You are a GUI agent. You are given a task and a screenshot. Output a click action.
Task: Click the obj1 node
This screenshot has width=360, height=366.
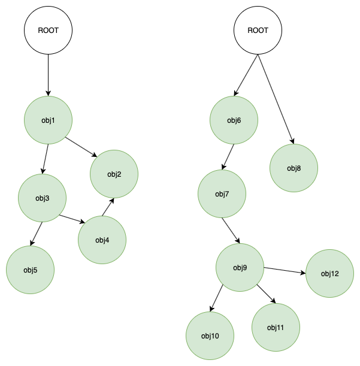point(48,120)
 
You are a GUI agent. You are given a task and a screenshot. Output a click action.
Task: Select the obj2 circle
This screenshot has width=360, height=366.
point(114,174)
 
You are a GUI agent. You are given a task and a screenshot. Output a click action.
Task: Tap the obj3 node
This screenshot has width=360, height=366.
point(42,198)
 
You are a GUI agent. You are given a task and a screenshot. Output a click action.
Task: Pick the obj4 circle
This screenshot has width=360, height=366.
point(102,240)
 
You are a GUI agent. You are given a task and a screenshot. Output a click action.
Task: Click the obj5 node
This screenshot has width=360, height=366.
point(30,270)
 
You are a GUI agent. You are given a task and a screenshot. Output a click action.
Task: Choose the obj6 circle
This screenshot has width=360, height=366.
point(234,120)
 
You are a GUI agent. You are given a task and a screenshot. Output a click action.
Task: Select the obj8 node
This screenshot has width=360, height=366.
point(294,168)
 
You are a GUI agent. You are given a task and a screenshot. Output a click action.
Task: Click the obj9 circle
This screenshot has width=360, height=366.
point(240,267)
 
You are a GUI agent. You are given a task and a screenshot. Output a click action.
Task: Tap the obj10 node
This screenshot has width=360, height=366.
point(210,335)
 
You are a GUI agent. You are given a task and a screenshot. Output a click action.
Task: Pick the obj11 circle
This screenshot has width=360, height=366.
point(276,327)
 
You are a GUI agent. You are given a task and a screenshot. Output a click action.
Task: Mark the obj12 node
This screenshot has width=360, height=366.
point(329,274)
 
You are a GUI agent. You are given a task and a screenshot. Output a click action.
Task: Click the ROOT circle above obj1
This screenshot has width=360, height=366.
point(48,31)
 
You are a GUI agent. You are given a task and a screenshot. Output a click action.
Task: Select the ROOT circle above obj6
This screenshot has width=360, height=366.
point(258,31)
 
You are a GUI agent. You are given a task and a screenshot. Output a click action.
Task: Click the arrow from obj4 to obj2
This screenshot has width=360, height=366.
point(108,208)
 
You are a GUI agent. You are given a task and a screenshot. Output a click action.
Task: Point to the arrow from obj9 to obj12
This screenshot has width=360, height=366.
point(285,271)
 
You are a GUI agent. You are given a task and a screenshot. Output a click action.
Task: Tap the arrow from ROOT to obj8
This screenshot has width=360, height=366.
point(276,99)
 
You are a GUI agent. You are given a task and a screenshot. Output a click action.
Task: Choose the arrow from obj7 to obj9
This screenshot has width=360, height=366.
point(231,231)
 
